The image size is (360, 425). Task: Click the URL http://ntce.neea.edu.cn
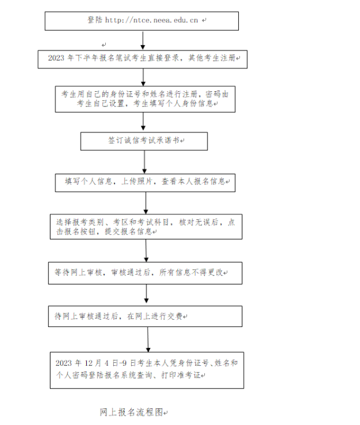click(151, 20)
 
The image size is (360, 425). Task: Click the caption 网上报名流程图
click(131, 412)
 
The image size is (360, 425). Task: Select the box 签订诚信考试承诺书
click(144, 141)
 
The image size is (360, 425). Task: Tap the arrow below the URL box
click(143, 40)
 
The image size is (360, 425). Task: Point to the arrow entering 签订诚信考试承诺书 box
click(143, 121)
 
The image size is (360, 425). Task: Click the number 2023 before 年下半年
click(56, 58)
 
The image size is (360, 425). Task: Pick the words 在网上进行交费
click(154, 316)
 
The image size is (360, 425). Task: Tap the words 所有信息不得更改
click(191, 272)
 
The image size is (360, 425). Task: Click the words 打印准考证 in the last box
click(181, 375)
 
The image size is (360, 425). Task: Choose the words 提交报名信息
click(128, 231)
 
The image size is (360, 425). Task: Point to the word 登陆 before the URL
click(95, 20)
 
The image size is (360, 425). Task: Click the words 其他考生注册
click(212, 58)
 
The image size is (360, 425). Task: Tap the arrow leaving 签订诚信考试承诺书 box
click(145, 162)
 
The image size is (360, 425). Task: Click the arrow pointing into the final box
click(148, 339)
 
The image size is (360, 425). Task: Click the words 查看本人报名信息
click(193, 181)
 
